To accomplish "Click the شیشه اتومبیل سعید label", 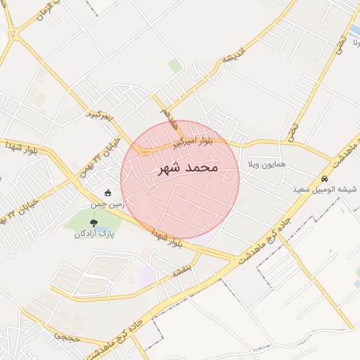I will click(x=326, y=189).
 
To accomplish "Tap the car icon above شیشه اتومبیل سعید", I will click(x=324, y=178).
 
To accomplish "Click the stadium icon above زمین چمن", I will click(x=108, y=193).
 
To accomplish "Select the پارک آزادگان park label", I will click(x=94, y=233).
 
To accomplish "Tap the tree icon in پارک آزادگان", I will click(x=94, y=221).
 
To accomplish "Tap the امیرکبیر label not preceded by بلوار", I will click(x=99, y=115).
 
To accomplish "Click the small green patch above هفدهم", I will click(x=174, y=66).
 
